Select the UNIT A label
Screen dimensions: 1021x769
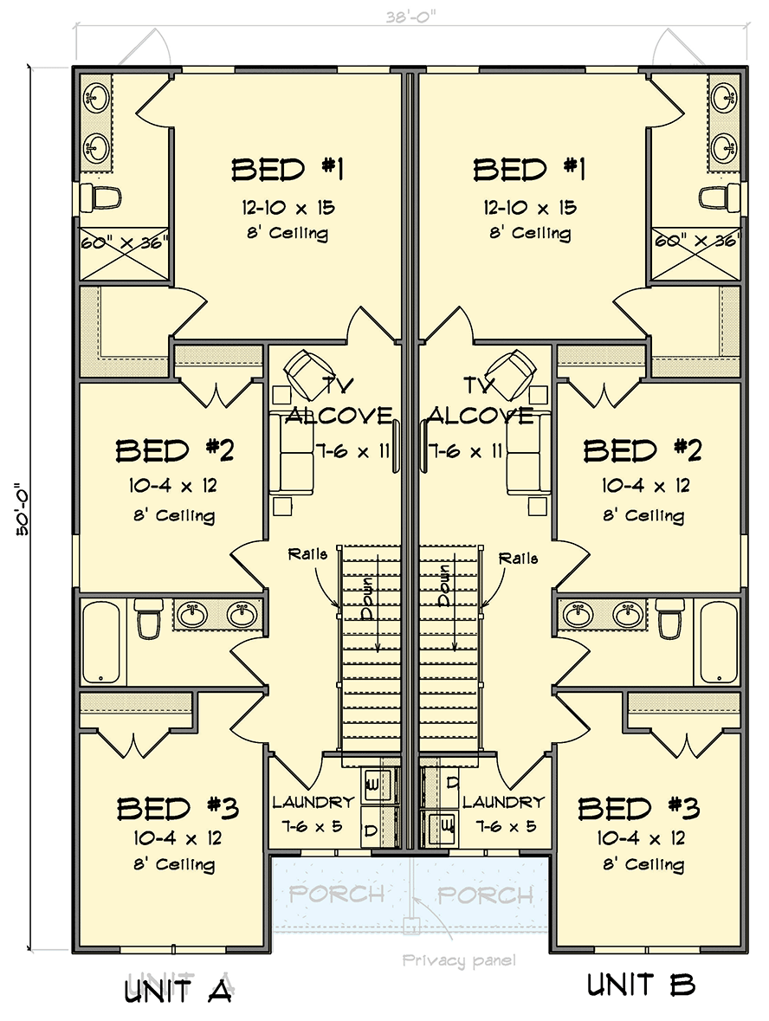tap(178, 990)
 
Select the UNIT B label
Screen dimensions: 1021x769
tap(641, 985)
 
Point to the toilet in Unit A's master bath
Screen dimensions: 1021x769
tap(100, 197)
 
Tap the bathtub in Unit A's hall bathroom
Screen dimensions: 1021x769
tap(103, 640)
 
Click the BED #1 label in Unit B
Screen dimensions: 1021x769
tap(529, 170)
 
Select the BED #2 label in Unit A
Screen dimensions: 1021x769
tap(175, 451)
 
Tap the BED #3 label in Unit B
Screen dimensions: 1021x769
tap(639, 808)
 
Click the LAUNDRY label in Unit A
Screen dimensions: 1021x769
tap(313, 803)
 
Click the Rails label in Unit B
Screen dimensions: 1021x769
tap(518, 559)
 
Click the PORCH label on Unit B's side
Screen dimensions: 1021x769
tap(485, 895)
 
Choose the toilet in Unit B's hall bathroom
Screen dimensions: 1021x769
tap(669, 618)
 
